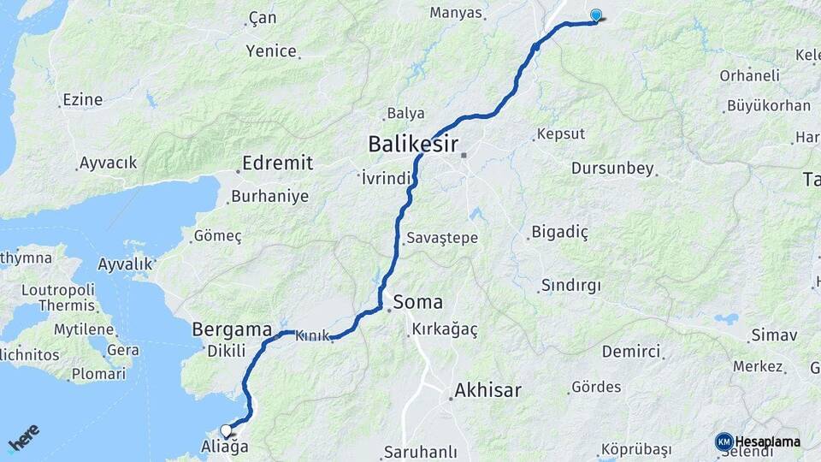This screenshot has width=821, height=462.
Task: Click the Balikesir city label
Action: click(413, 144)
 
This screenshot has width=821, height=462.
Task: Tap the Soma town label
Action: click(418, 302)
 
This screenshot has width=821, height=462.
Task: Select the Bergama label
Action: click(231, 329)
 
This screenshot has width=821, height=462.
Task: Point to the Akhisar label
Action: click(487, 391)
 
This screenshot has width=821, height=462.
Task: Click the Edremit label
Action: click(277, 163)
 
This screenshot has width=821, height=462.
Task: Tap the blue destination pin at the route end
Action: click(595, 15)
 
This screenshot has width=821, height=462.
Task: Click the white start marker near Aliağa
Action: click(226, 430)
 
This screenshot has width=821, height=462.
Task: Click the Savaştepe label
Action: click(442, 237)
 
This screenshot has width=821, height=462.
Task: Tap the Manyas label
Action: click(456, 13)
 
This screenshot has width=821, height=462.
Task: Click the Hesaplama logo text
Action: click(767, 441)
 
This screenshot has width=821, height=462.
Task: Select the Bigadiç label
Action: click(559, 231)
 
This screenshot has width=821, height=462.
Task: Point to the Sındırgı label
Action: click(571, 285)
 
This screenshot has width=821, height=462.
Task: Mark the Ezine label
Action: click(82, 100)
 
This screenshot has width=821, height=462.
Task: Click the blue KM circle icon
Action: click(724, 441)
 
